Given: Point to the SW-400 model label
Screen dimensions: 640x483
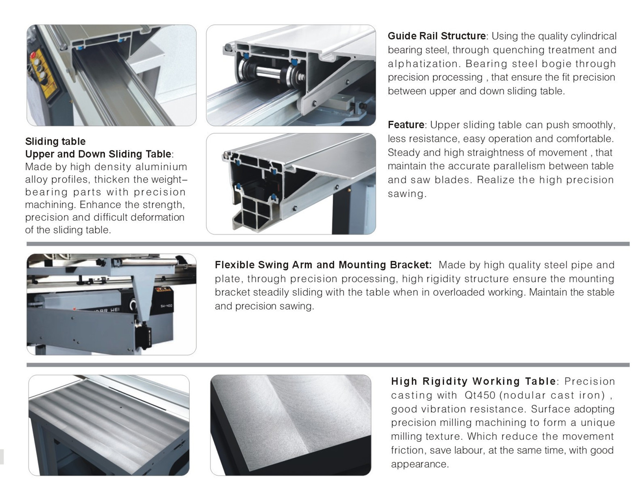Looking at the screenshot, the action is pyautogui.click(x=166, y=306).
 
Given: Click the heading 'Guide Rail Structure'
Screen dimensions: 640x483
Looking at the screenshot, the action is pyautogui.click(x=436, y=36).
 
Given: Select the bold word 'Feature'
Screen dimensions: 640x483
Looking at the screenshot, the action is pyautogui.click(x=406, y=125).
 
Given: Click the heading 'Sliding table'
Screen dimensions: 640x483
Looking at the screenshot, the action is pyautogui.click(x=55, y=141).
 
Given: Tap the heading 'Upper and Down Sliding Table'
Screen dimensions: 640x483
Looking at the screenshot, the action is pyautogui.click(x=98, y=154).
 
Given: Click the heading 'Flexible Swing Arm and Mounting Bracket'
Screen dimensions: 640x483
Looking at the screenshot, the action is pyautogui.click(x=323, y=265).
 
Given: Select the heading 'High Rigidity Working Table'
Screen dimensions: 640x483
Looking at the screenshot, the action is pyautogui.click(x=473, y=381).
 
